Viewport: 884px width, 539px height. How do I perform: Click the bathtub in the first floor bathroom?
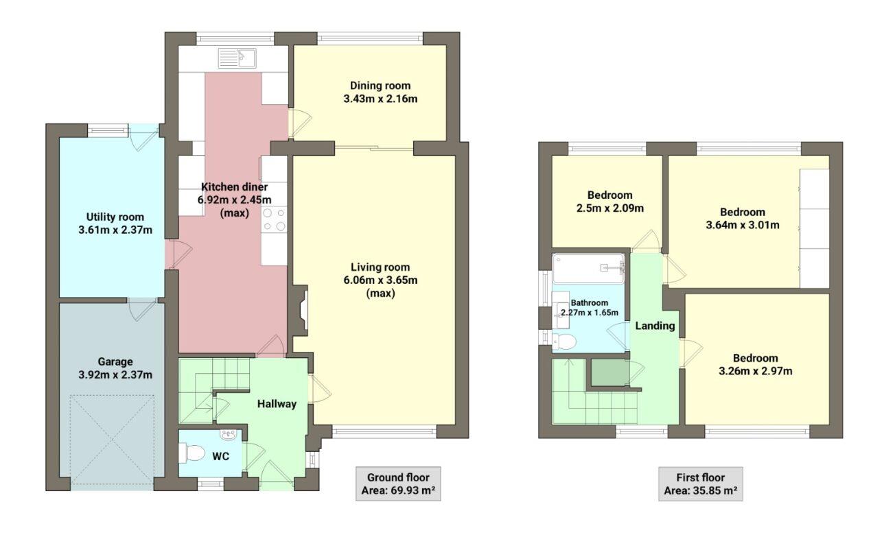pos(589,268)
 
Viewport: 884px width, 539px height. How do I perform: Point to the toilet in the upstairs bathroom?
pos(565,341)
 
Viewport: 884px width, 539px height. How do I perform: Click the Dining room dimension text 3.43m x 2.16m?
pos(380,99)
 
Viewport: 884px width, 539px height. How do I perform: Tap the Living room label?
pos(380,267)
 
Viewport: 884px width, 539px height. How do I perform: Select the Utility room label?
pos(115,217)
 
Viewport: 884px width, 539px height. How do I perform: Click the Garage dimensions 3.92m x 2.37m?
pos(115,374)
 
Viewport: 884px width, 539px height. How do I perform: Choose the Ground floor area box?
pos(398,484)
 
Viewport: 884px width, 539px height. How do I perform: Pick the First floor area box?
pos(700,484)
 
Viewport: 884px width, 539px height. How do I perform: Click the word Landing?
pos(655,326)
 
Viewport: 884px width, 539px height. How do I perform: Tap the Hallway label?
pos(277,404)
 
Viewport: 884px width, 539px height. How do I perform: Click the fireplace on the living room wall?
pos(300,313)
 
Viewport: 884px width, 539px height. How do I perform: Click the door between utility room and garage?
pos(143,309)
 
